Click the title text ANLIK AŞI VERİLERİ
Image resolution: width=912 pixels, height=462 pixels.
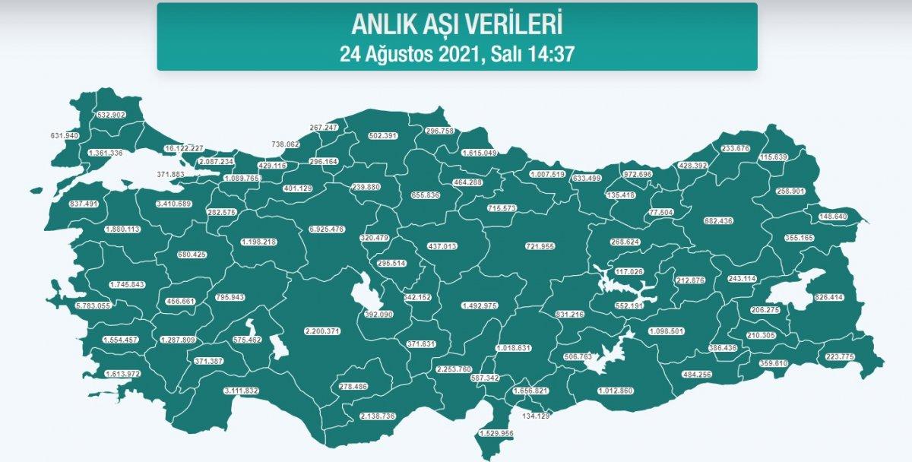click(x=457, y=24)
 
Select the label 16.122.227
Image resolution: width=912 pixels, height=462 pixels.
click(x=185, y=148)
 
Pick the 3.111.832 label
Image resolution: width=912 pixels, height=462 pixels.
click(x=242, y=391)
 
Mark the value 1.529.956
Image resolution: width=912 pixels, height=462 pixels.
click(x=496, y=433)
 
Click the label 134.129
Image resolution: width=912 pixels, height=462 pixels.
click(x=536, y=416)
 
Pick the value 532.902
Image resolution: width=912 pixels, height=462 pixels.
click(x=112, y=115)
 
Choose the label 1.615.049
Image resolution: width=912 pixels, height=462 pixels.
click(x=480, y=153)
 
